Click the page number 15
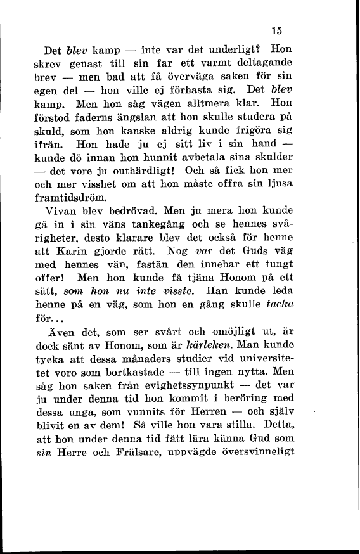click(276, 30)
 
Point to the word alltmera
click(213, 102)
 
